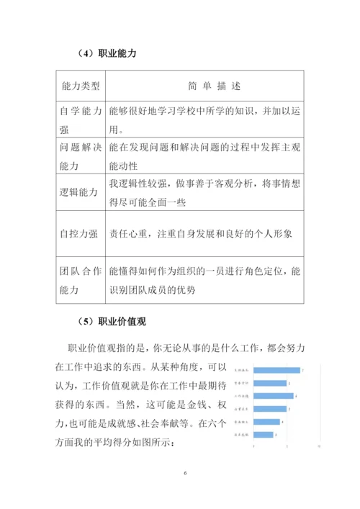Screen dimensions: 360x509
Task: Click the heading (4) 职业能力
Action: click(107, 53)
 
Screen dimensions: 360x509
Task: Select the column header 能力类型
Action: click(80, 86)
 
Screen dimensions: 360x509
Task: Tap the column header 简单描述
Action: click(204, 86)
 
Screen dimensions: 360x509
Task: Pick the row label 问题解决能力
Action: click(80, 156)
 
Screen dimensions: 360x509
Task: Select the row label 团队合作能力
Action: click(80, 281)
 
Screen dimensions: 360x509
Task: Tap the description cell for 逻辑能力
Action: click(204, 192)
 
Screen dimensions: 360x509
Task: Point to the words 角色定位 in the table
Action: click(260, 272)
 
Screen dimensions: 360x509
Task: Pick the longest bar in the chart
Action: click(276, 370)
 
